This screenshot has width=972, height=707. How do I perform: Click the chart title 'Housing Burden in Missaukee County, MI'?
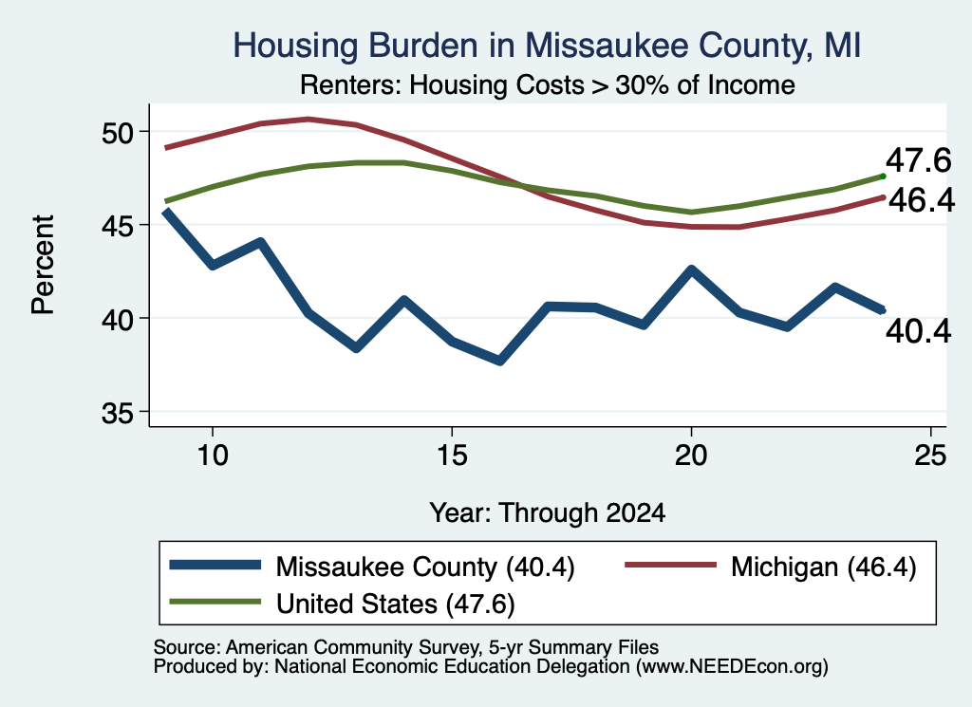547,46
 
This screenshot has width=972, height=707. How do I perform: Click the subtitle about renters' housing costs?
548,84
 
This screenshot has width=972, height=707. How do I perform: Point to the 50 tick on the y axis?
118,132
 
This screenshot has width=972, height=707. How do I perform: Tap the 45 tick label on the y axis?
118,226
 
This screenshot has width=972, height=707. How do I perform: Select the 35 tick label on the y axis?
118,413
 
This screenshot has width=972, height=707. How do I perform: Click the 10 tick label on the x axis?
213,456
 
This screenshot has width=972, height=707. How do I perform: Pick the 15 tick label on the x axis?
452,456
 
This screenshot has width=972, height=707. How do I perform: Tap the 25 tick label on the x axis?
930,456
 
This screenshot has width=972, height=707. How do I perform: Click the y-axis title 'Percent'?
43,265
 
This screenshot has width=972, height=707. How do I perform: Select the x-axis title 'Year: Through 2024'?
548,513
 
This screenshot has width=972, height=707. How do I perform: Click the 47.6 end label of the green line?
918,160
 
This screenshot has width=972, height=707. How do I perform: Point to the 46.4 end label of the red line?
922,200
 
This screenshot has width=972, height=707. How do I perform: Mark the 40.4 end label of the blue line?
918,331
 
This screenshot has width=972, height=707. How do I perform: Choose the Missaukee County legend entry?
372,567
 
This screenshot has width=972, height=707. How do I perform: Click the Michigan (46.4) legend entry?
771,567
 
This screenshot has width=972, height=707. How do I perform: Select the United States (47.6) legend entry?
342,604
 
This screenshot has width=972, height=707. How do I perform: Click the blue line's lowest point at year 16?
499,361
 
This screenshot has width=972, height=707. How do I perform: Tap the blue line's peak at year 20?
691,270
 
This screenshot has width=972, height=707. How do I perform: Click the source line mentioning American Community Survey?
406,647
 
